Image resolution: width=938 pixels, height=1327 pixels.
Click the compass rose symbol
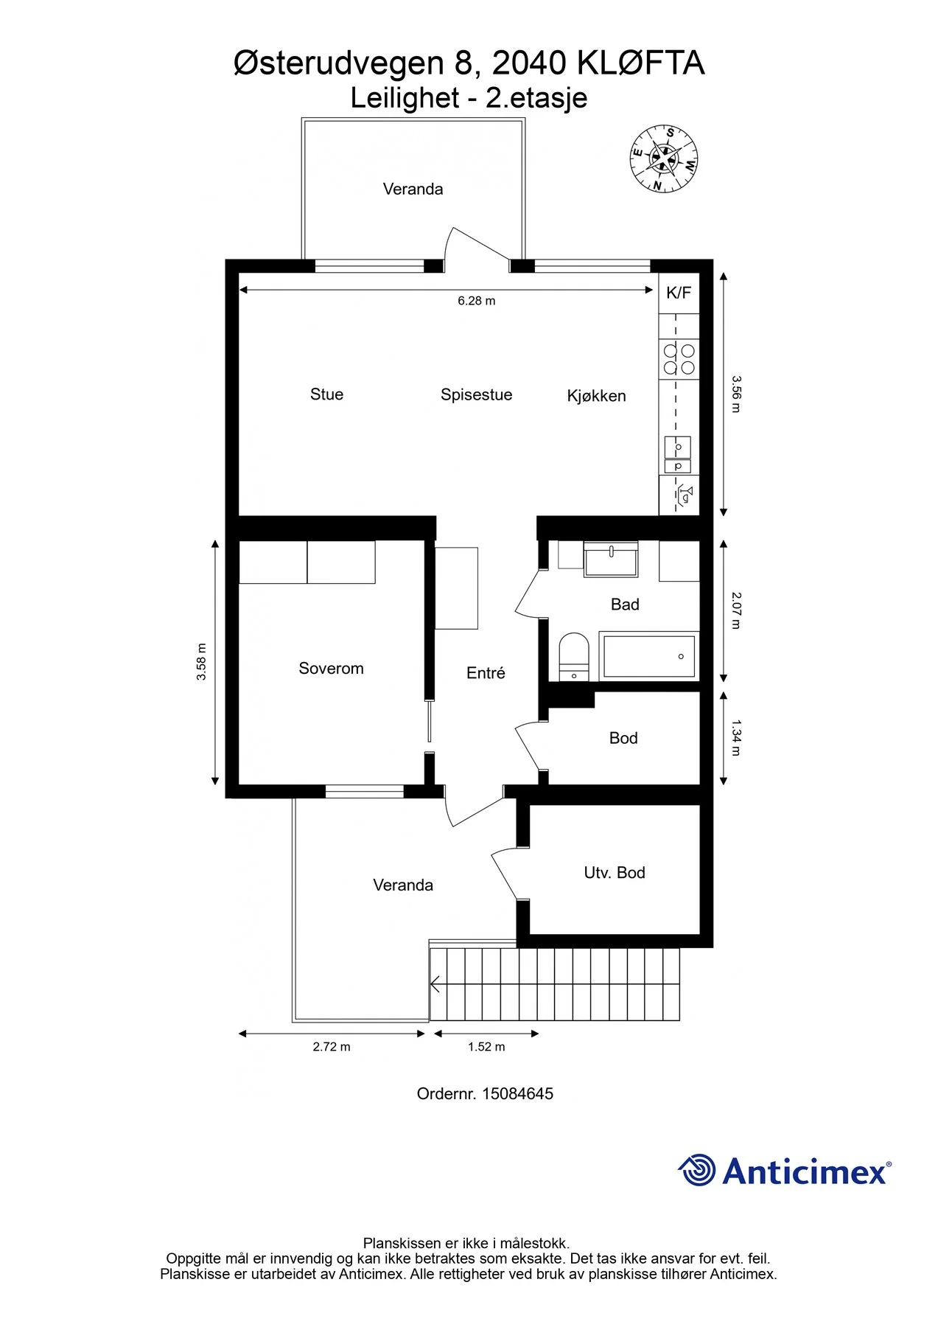point(664,159)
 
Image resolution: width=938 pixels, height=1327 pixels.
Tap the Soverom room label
point(331,669)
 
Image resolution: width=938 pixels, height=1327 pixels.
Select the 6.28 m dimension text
point(477,301)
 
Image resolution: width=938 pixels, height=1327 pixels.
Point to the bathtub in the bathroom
point(648,655)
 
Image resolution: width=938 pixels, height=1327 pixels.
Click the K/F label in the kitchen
point(679,293)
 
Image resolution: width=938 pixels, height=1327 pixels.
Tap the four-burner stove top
point(679,359)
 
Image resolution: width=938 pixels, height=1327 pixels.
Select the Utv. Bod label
point(615,873)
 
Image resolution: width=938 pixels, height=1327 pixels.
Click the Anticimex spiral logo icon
point(696,1170)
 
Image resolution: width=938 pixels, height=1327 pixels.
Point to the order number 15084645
point(517,1094)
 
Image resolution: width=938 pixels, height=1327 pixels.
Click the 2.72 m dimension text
point(332,1047)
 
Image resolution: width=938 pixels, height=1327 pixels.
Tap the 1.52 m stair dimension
point(486,1047)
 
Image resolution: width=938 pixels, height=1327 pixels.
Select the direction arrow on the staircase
point(435,984)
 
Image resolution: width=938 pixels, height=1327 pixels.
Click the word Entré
point(486,673)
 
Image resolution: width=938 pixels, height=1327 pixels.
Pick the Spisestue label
point(476,395)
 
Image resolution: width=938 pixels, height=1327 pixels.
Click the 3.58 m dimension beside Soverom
point(201,662)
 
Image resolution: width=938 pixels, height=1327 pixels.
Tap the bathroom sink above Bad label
point(611,560)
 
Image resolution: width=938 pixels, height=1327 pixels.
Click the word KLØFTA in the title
point(641,63)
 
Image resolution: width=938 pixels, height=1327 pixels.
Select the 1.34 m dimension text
point(736,738)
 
